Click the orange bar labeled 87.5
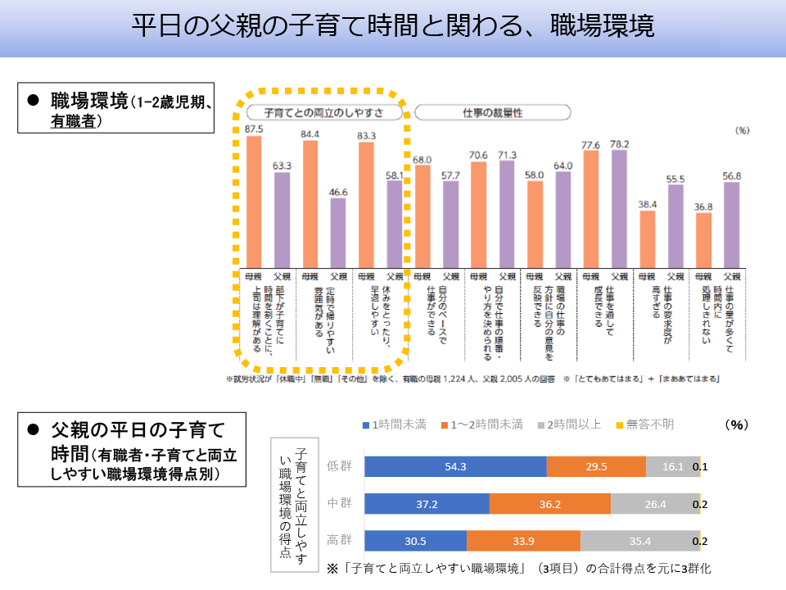click(x=254, y=201)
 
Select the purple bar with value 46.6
click(x=338, y=233)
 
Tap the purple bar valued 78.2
click(x=620, y=208)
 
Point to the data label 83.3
click(x=367, y=135)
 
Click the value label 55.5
click(x=675, y=179)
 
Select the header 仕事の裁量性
click(x=492, y=112)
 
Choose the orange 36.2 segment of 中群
click(x=549, y=504)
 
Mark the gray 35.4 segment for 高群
click(x=640, y=540)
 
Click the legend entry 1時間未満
click(x=394, y=424)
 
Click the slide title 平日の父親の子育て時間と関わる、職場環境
click(x=393, y=26)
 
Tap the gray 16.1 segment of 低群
click(x=673, y=466)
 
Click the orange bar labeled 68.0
click(x=422, y=216)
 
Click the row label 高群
click(x=340, y=540)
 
